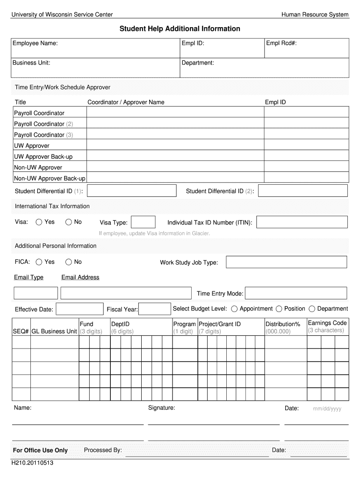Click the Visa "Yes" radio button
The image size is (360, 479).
pyautogui.click(x=39, y=222)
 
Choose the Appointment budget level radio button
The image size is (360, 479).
pyautogui.click(x=234, y=309)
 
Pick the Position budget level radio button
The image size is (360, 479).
pyautogui.click(x=279, y=309)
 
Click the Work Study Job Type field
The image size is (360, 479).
pyautogui.click(x=287, y=262)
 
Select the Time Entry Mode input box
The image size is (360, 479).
pyautogui.click(x=296, y=293)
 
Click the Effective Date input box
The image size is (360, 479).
pyautogui.click(x=79, y=309)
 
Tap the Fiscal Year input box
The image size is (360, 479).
pyautogui.click(x=155, y=309)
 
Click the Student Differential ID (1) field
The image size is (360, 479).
pyautogui.click(x=132, y=191)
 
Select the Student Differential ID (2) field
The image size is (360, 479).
pyautogui.click(x=302, y=191)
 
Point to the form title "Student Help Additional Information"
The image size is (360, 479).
pyautogui.click(x=180, y=29)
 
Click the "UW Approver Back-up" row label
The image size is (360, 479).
pyautogui.click(x=43, y=157)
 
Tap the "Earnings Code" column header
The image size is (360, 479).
pyautogui.click(x=327, y=323)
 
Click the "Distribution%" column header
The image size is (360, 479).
pyautogui.click(x=283, y=324)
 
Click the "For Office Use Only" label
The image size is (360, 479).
pyautogui.click(x=40, y=450)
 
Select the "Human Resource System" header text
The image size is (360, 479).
pyautogui.click(x=315, y=15)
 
